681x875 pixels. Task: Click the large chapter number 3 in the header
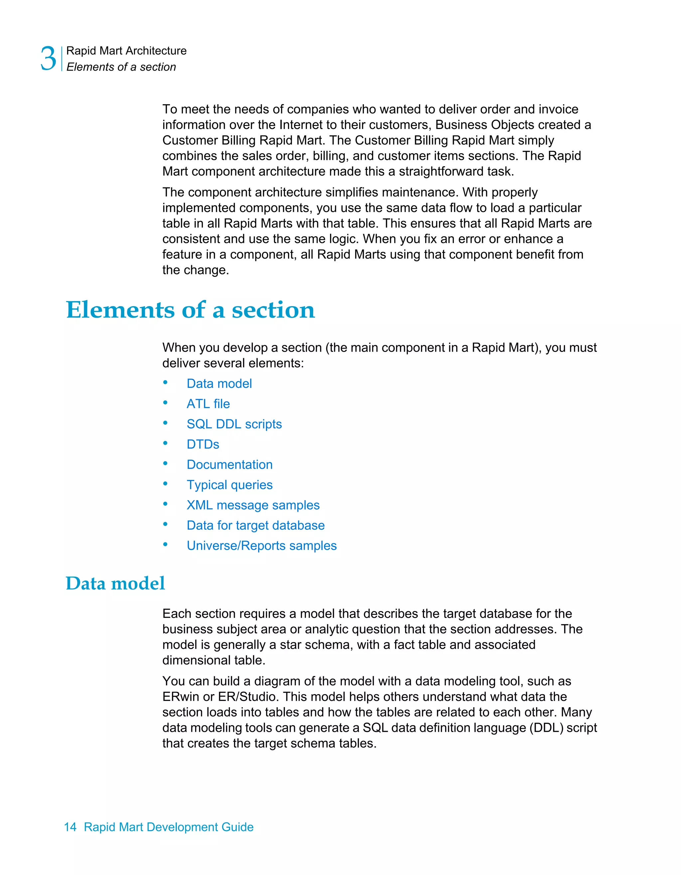[48, 58]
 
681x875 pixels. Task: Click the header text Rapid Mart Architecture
[126, 51]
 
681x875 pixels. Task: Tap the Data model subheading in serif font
[115, 583]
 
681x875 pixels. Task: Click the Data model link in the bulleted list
[219, 384]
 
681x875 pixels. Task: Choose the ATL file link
[208, 404]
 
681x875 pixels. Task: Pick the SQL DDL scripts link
[234, 424]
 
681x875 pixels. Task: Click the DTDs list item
[203, 444]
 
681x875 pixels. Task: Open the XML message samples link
[253, 505]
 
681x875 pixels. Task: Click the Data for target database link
[255, 526]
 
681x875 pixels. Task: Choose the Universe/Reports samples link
[261, 546]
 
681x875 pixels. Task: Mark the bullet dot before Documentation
[165, 464]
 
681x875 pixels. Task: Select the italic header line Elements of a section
[121, 67]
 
